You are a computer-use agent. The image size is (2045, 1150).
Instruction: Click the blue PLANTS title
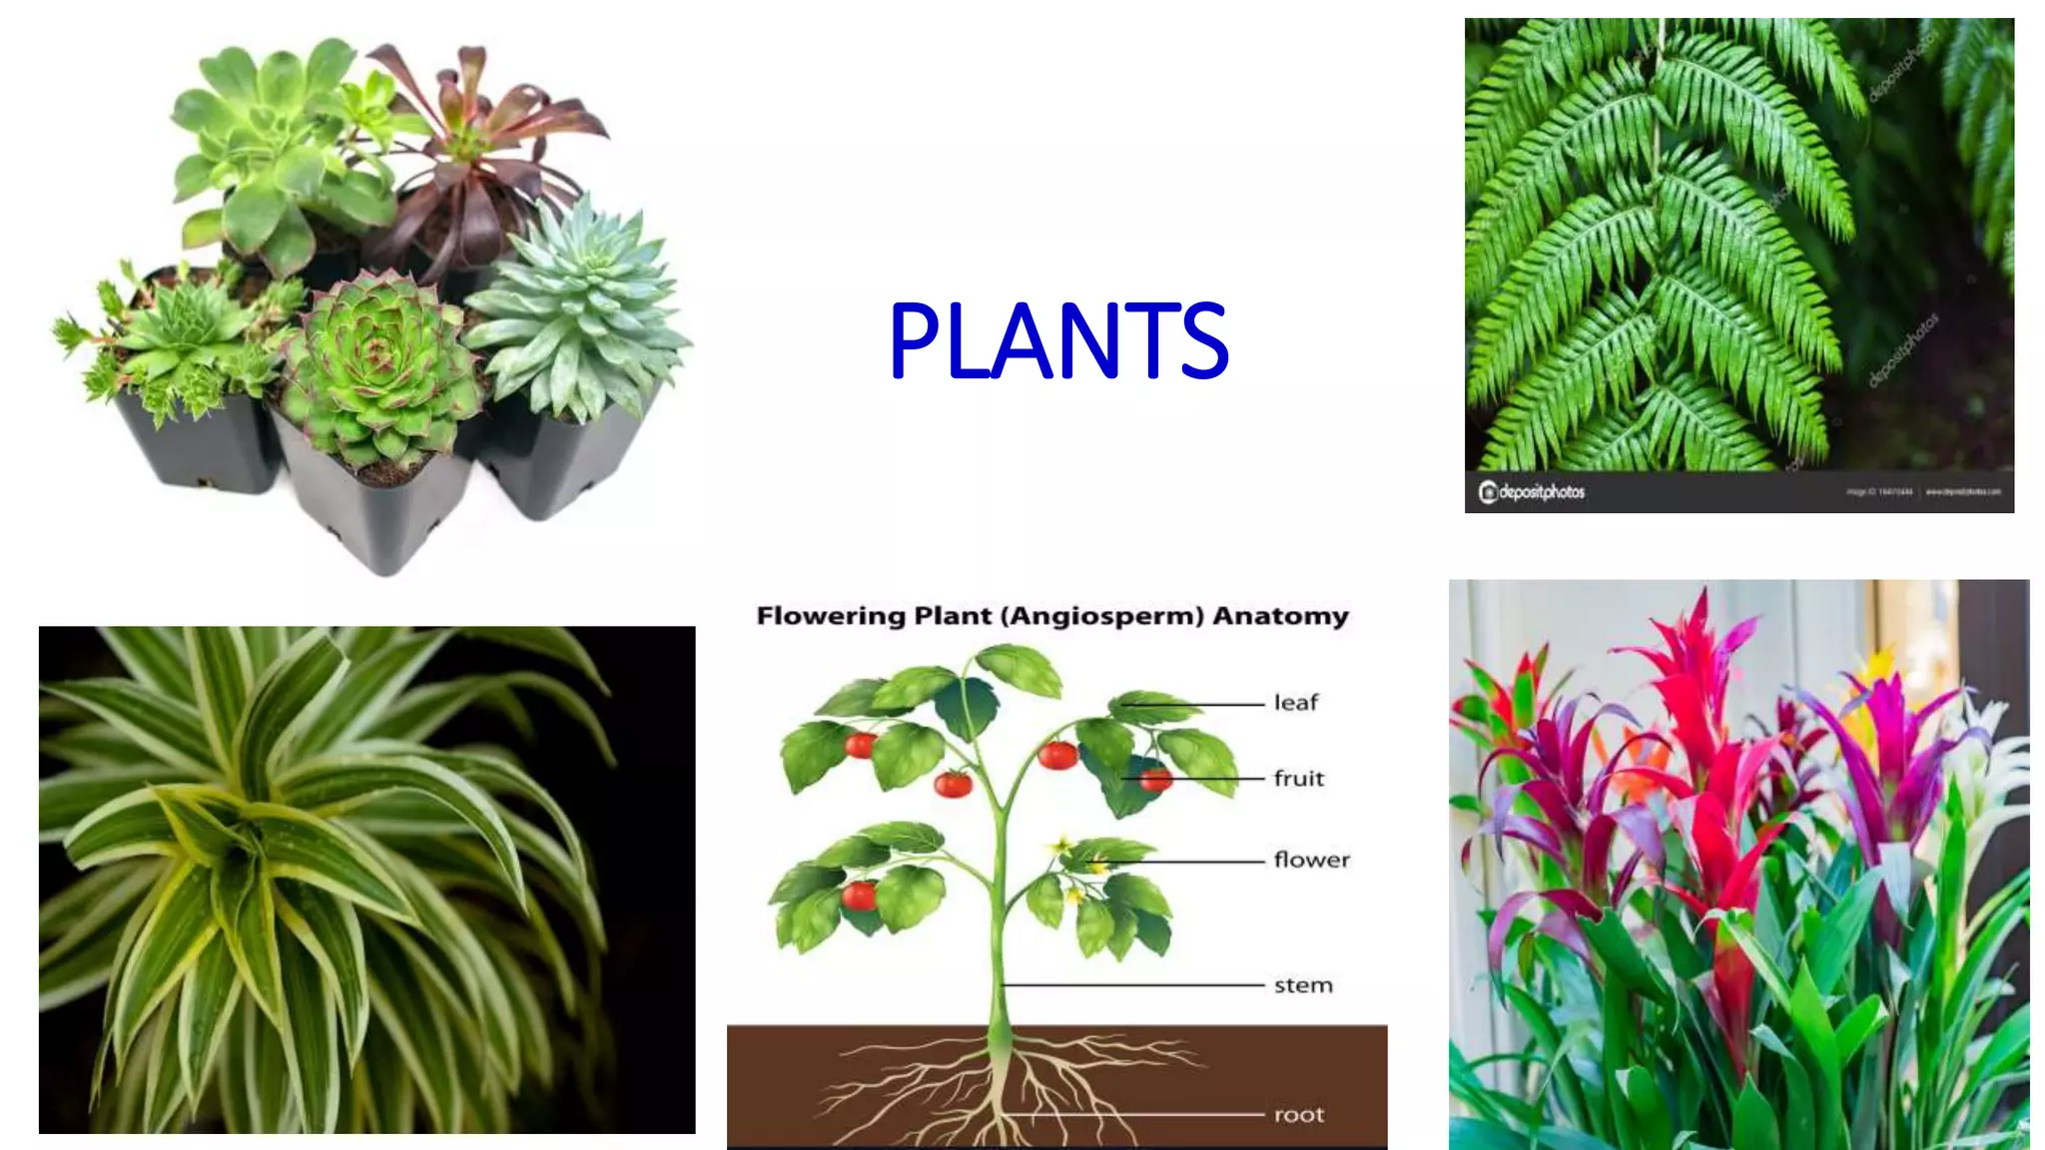click(x=1057, y=341)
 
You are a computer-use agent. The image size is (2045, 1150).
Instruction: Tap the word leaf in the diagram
click(x=1295, y=703)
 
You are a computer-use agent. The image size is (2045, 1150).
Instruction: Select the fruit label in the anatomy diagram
click(x=1298, y=779)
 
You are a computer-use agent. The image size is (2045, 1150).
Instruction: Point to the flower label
click(x=1311, y=860)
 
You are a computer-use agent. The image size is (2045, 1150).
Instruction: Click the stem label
click(x=1303, y=986)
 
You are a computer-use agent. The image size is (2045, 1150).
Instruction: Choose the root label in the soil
click(x=1298, y=1115)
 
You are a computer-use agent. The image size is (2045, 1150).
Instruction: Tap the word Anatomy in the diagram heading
click(x=1280, y=616)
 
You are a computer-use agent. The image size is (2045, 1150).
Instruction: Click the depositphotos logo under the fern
click(x=1532, y=491)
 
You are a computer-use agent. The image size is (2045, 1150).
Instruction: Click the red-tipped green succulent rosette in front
click(x=377, y=359)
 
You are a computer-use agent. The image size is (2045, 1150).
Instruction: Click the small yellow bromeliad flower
click(x=1881, y=664)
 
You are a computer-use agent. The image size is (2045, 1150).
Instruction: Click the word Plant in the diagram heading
click(x=952, y=616)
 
